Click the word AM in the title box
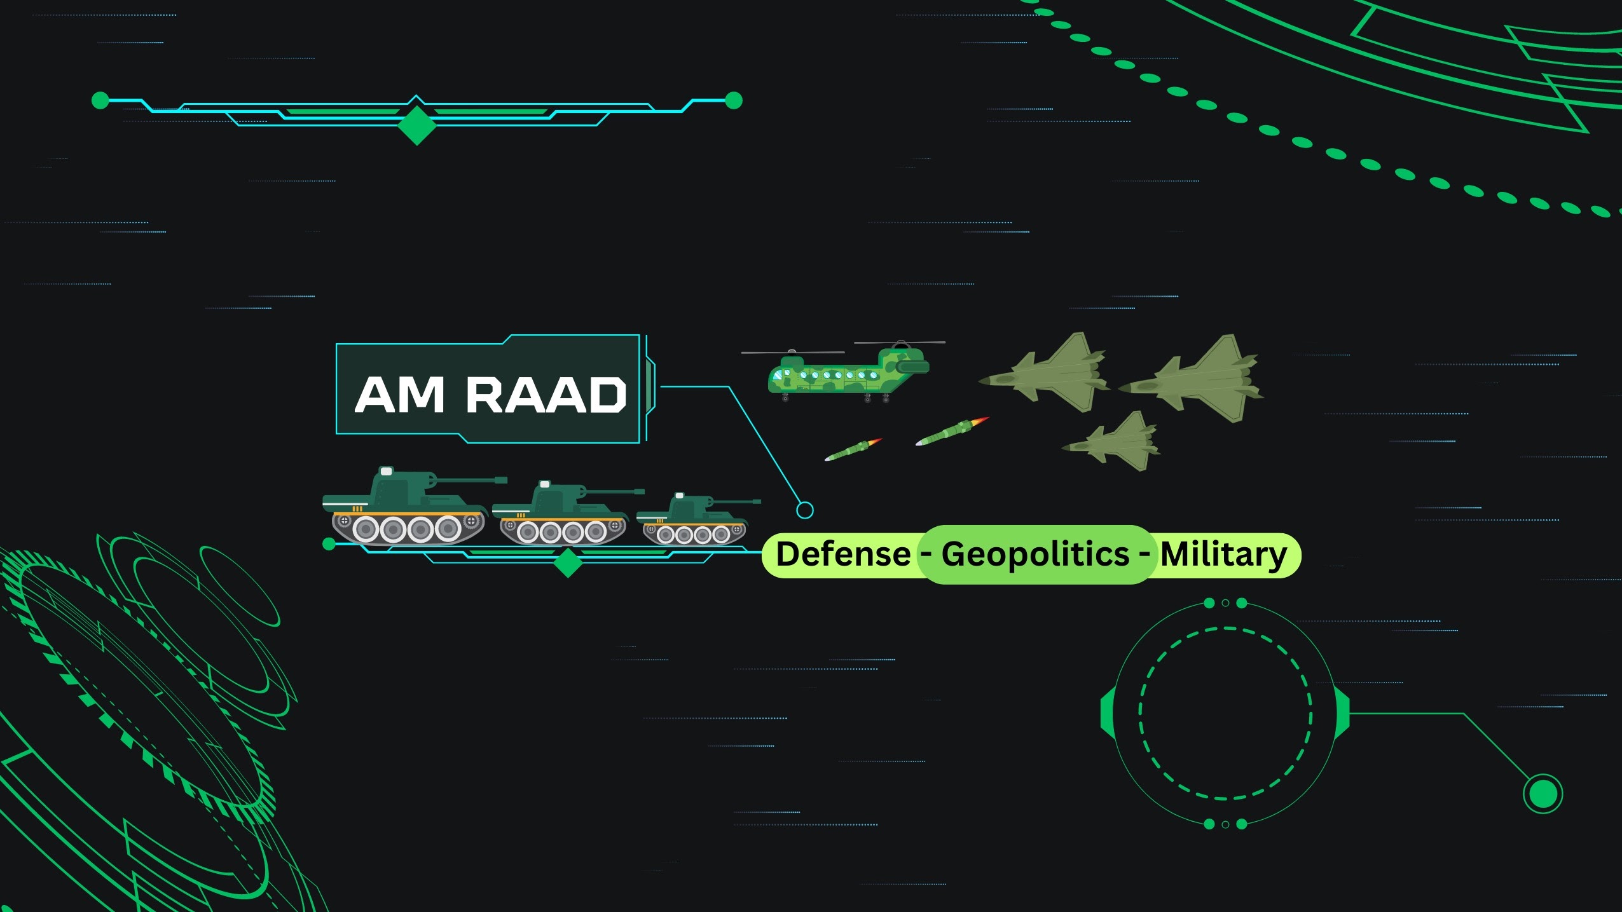[x=399, y=395]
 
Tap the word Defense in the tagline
[x=843, y=554]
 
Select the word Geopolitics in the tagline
[x=1035, y=554]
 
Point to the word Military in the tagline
[x=1223, y=555]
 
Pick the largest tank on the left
[x=407, y=508]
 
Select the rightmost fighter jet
[x=1195, y=380]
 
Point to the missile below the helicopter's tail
[x=853, y=450]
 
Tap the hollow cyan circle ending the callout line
[x=805, y=510]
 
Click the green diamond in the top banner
[x=417, y=125]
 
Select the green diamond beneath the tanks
[x=568, y=562]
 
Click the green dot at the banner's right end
[x=734, y=100]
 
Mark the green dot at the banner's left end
[x=100, y=100]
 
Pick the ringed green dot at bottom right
[x=1543, y=793]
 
